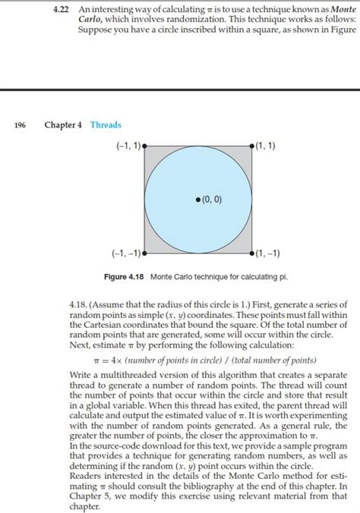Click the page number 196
pyautogui.click(x=21, y=125)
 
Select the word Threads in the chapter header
pyautogui.click(x=106, y=125)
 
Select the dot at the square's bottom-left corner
pyautogui.click(x=144, y=253)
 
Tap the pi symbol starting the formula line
pyautogui.click(x=96, y=359)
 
